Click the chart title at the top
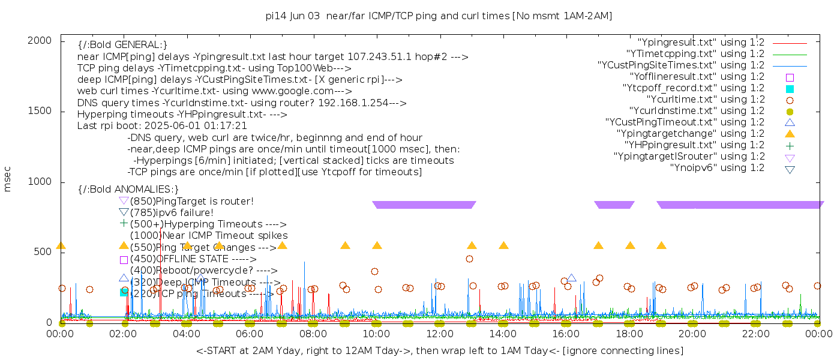pyautogui.click(x=439, y=16)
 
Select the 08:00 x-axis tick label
pyautogui.click(x=313, y=334)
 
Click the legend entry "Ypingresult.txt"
pyautogui.click(x=701, y=43)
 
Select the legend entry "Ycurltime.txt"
pyautogui.click(x=705, y=100)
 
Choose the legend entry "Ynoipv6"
pyautogui.click(x=717, y=168)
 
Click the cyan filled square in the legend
pyautogui.click(x=790, y=88)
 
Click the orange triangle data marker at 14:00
pyautogui.click(x=503, y=245)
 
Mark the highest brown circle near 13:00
pyautogui.click(x=469, y=259)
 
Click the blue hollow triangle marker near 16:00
pyautogui.click(x=571, y=278)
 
